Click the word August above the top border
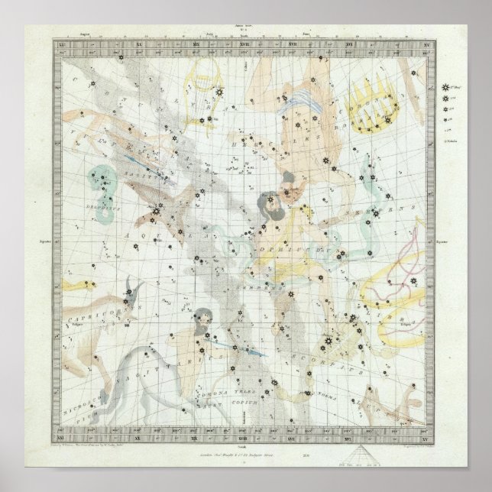[84, 35]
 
